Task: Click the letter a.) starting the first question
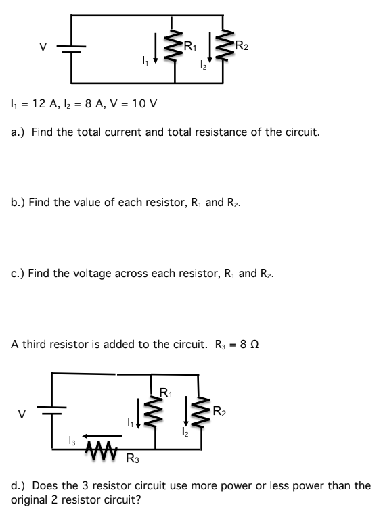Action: (x=18, y=132)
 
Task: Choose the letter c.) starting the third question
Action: (x=18, y=274)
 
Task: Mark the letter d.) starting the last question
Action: (x=18, y=485)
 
